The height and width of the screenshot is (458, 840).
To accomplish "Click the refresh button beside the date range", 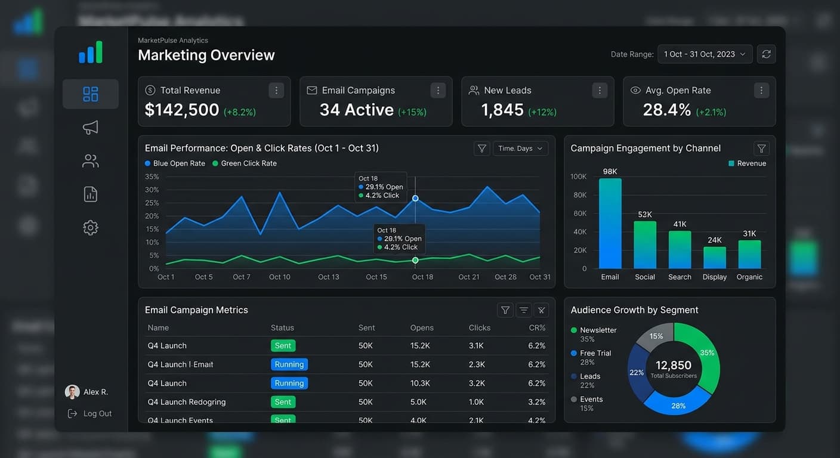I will point(766,54).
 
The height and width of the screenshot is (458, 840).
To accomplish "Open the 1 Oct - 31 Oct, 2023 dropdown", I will point(705,54).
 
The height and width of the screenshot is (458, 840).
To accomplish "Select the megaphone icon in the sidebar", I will point(90,128).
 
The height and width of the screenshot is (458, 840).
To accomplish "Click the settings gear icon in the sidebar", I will point(90,227).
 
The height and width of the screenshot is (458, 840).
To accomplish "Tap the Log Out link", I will point(97,413).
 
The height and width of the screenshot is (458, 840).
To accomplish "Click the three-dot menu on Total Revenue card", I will point(276,91).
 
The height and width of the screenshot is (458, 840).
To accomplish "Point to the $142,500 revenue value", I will point(182,110).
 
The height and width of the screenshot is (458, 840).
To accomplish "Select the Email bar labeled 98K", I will point(610,223).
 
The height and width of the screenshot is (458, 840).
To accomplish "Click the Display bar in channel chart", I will point(714,258).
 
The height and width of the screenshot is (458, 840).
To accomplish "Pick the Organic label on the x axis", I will point(749,277).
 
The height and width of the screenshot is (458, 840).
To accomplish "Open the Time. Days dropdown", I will point(520,148).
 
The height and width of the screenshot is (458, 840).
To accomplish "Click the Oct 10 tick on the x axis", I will point(279,277).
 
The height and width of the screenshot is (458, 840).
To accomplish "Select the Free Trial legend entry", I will point(595,353).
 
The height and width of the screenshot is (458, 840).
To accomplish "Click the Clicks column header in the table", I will point(479,327).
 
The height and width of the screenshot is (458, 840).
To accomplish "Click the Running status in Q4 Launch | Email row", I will point(289,364).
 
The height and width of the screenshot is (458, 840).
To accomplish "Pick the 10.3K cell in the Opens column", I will point(420,383).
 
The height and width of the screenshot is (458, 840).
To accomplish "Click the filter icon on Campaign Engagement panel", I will point(761,148).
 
